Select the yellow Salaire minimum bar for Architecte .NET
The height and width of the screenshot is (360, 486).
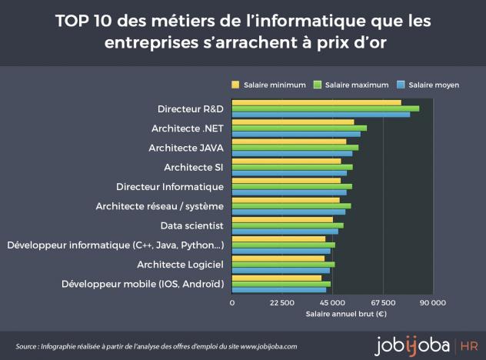pos(293,122)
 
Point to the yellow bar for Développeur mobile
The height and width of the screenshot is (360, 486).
pos(277,278)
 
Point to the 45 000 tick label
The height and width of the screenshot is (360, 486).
pos(332,303)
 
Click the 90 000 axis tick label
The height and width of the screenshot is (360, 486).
pos(432,303)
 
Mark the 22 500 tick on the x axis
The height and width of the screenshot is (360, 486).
pos(282,303)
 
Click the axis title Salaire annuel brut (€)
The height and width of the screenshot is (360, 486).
pos(345,314)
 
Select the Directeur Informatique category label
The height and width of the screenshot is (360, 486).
pos(170,187)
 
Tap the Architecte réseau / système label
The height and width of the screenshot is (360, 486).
pos(159,206)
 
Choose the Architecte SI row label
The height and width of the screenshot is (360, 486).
pos(194,167)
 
